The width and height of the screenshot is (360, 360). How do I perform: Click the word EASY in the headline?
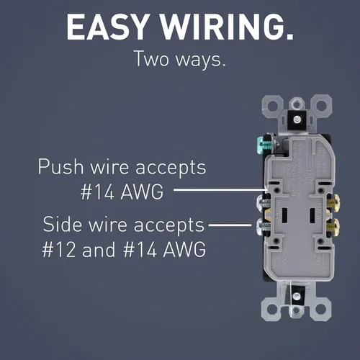point(107,27)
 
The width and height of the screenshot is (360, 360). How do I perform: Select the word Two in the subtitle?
point(152,58)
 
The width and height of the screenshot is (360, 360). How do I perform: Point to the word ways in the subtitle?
point(201,60)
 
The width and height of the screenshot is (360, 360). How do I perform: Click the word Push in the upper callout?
point(60,166)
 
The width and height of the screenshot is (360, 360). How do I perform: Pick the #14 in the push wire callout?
point(98,192)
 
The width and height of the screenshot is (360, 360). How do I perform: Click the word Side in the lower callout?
point(63,224)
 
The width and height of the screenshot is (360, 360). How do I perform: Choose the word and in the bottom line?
point(99,249)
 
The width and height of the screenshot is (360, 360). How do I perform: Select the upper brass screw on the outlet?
point(333,203)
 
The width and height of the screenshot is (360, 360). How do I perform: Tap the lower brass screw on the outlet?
point(333,226)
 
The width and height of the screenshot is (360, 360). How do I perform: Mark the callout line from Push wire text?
point(220,190)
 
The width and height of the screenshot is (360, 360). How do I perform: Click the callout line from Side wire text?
point(230,225)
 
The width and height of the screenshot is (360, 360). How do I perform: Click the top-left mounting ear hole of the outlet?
point(272,105)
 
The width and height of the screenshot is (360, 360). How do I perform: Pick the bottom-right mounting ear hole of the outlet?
point(321,309)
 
